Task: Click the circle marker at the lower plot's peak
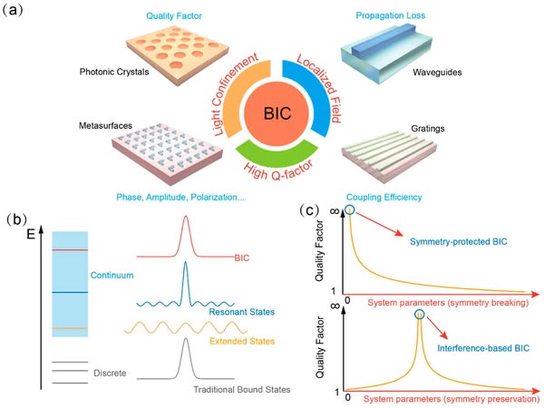coord(419,315)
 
